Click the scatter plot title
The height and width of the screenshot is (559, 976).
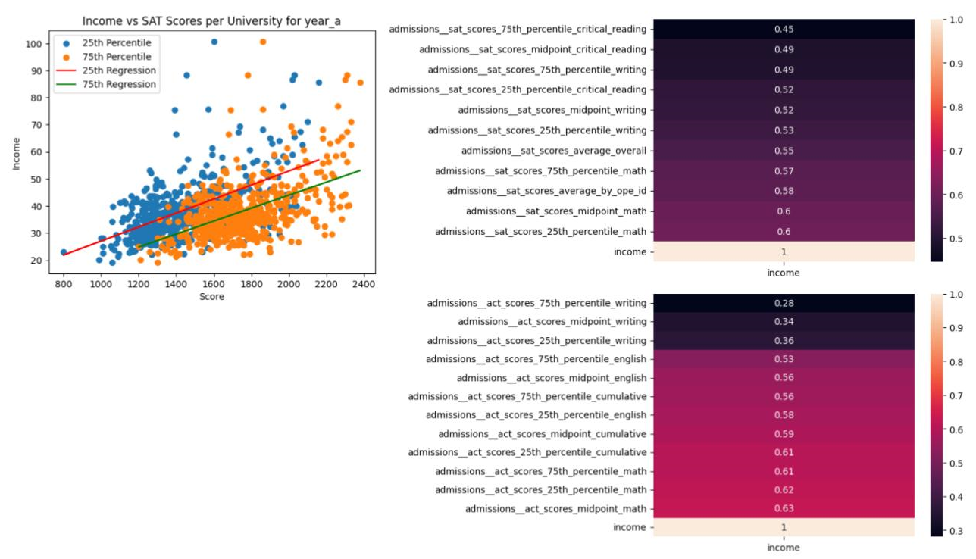[x=211, y=21]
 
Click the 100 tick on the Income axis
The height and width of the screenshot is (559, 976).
[x=34, y=44]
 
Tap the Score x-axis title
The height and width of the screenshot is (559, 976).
[x=211, y=296]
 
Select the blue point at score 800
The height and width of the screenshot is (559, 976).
[x=64, y=252]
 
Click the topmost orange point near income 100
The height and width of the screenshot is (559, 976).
[x=263, y=42]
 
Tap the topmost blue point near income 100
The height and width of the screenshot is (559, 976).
[x=214, y=42]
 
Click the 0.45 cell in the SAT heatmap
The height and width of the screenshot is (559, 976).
[x=784, y=30]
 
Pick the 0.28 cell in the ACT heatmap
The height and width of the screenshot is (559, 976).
[x=784, y=303]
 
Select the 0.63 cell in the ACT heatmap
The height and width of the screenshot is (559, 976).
[x=784, y=508]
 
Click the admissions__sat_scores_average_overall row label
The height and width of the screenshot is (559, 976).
[x=553, y=151]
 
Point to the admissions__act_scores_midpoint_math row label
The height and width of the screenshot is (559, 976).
[x=555, y=508]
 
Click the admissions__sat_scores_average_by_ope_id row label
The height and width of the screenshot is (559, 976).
[x=546, y=191]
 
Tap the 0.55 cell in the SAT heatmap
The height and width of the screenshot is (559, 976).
[x=784, y=151]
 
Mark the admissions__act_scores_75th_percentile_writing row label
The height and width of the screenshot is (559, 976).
[x=536, y=303]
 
